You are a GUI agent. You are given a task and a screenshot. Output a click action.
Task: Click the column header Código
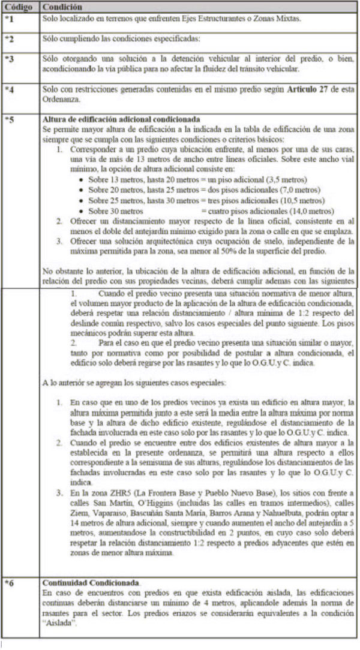(19, 7)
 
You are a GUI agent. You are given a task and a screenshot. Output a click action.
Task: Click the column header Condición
(61, 7)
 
